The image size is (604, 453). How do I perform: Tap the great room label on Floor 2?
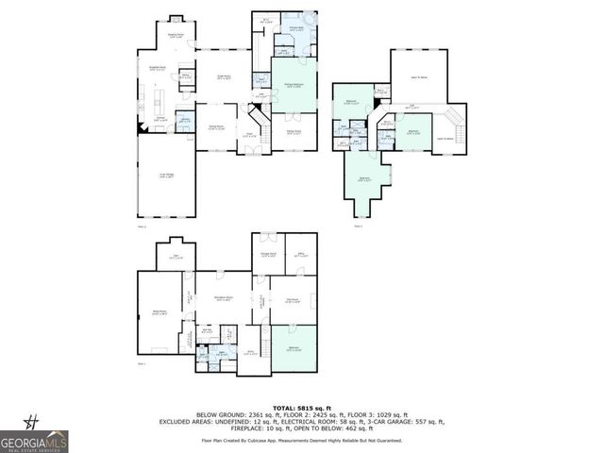pyautogui.click(x=225, y=76)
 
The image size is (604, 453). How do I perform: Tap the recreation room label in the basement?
pyautogui.click(x=224, y=298)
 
